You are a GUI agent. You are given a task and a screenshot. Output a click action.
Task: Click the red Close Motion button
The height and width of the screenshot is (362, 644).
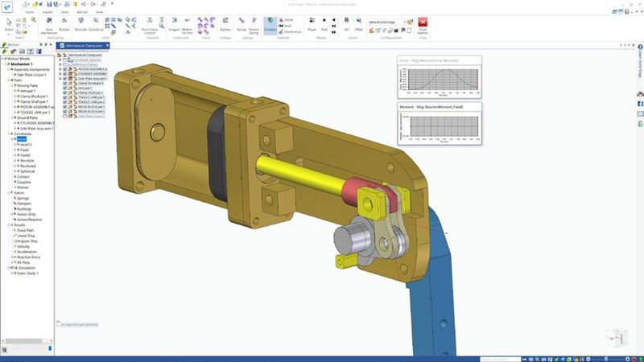[422, 24]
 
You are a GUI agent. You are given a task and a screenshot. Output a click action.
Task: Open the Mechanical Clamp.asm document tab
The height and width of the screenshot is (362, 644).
[88, 48]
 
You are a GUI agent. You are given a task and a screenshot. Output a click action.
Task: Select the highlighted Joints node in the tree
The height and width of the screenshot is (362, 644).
[22, 138]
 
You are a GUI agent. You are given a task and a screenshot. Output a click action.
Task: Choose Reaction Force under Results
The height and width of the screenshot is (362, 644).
[30, 256]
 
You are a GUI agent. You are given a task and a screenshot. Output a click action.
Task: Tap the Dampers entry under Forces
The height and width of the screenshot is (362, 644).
[25, 203]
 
